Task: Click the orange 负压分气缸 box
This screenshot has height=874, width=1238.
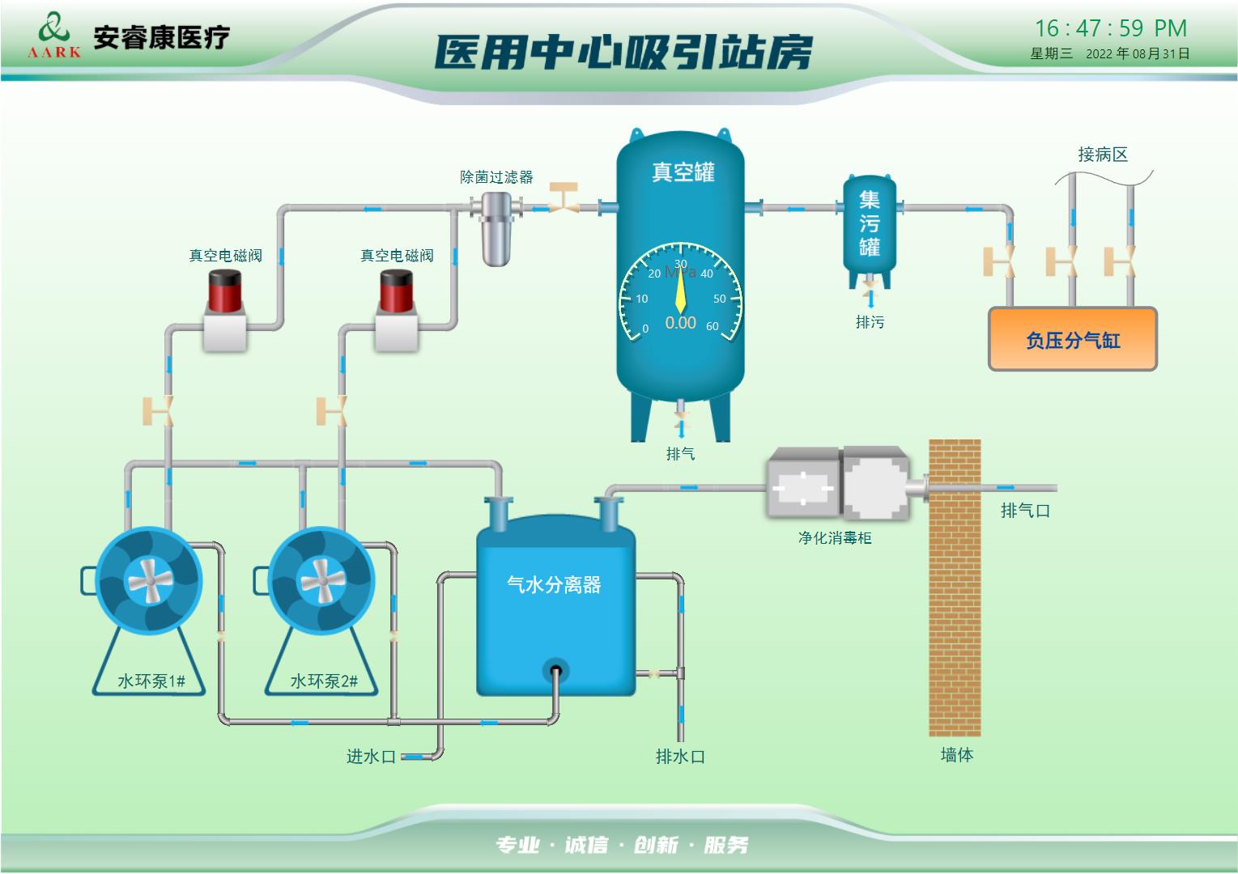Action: coord(1072,340)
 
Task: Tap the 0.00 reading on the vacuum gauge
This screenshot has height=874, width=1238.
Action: coord(680,323)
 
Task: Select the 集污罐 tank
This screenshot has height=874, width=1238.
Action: coord(869,224)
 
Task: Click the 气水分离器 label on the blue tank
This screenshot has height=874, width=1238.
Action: coord(554,585)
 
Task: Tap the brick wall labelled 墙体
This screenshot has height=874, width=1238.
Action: coord(955,587)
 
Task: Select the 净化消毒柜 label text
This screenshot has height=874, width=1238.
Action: coord(834,538)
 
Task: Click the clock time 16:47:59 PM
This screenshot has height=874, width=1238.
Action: coord(1110,28)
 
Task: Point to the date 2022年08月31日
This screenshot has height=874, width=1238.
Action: coord(1138,54)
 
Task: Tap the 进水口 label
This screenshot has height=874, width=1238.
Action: coord(371,757)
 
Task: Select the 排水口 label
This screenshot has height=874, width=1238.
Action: coord(680,757)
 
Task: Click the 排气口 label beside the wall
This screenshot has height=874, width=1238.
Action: coord(1025,511)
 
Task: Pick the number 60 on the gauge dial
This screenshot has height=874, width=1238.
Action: coord(713,327)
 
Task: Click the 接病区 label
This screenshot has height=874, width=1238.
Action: coord(1102,155)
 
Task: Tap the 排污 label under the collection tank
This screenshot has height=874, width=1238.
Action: coord(870,322)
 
